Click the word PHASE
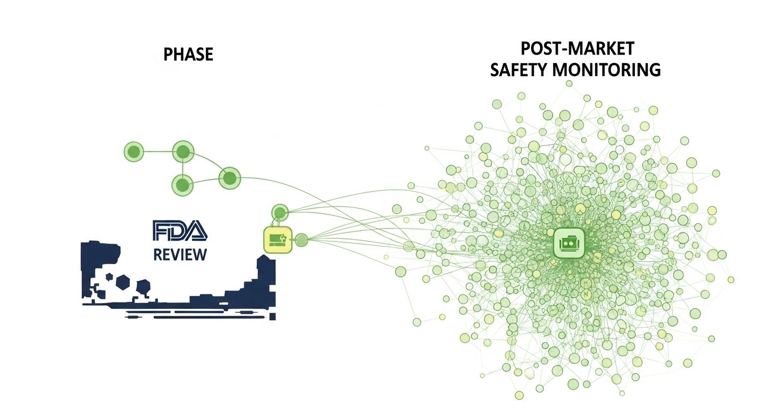(188, 55)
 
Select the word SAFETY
(518, 70)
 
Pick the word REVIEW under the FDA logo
(180, 254)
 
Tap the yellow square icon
(277, 240)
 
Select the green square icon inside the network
(569, 243)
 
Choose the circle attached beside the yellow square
(301, 240)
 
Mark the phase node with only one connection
(134, 151)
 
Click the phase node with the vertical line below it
(183, 151)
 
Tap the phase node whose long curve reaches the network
(229, 178)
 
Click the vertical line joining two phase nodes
(183, 168)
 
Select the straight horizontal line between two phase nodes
(158, 151)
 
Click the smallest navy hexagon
(109, 277)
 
